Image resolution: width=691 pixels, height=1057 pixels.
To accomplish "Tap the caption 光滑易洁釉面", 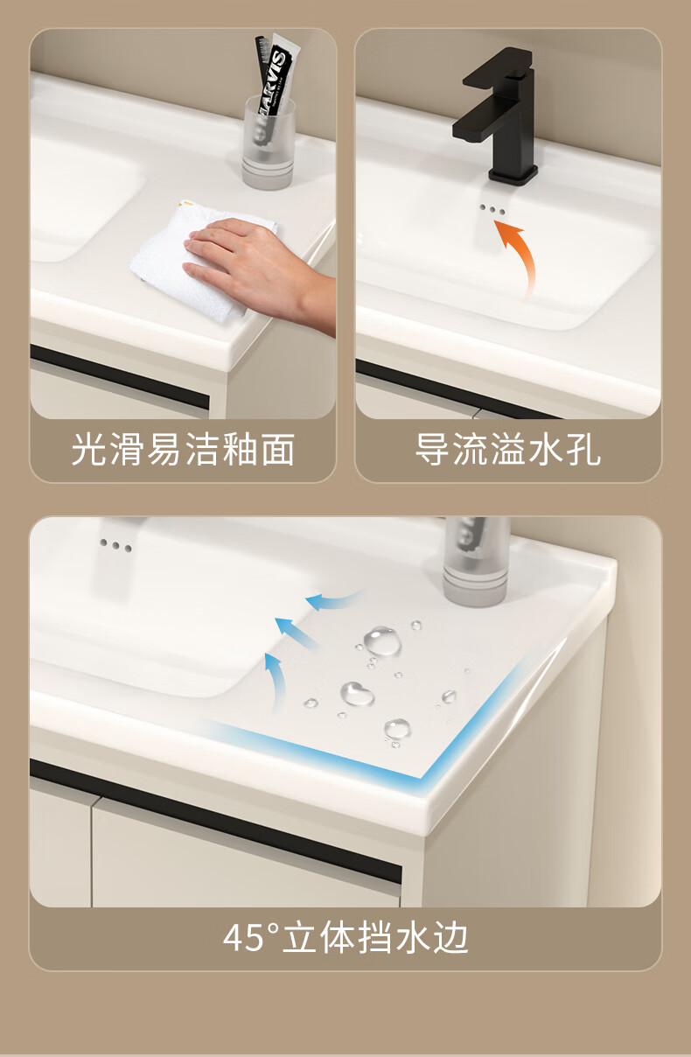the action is [183, 449].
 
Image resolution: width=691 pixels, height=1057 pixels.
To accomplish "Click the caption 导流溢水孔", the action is [508, 449].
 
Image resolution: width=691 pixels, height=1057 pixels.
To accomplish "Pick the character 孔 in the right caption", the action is [583, 449].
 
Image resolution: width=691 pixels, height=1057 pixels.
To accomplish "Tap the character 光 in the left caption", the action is [89, 449].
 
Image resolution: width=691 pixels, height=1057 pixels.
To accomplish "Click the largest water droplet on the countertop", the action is [382, 641].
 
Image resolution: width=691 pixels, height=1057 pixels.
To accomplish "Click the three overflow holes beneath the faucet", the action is [492, 209].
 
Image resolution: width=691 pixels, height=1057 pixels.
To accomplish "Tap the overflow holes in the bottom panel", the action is [115, 545].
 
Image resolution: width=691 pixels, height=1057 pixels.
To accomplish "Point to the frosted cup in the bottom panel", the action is [477, 562].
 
